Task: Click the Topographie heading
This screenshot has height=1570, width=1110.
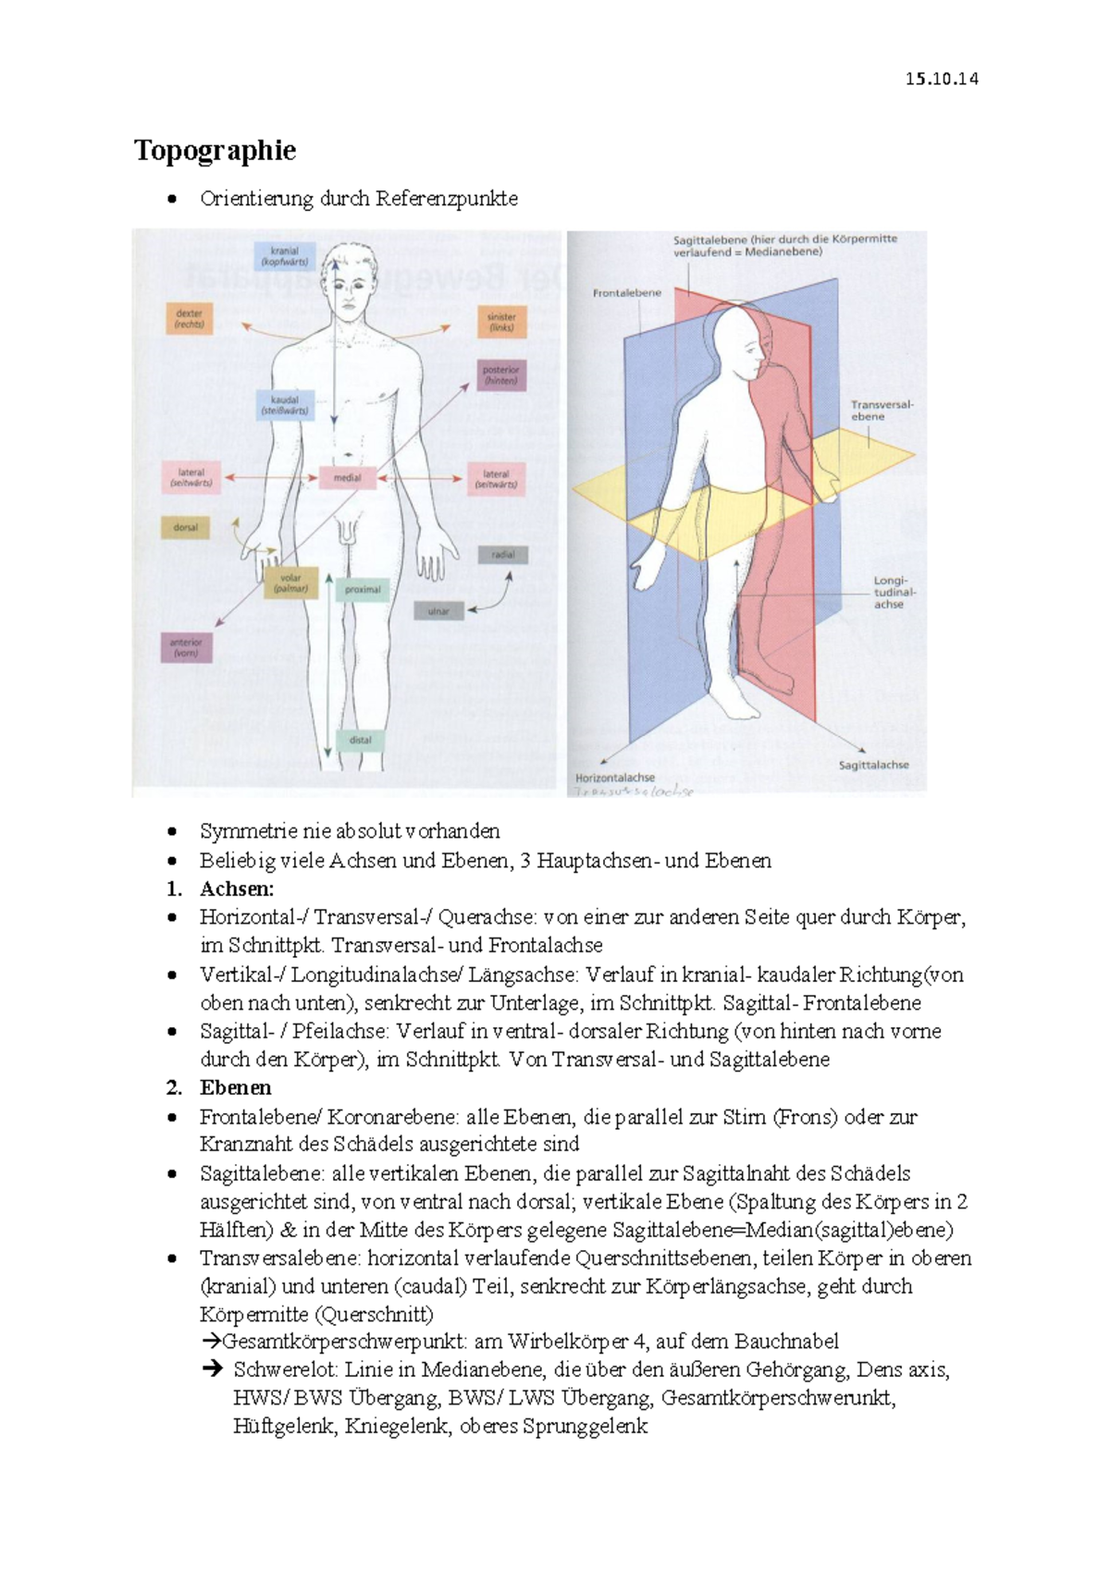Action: point(215,151)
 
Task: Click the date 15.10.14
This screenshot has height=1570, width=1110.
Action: point(941,79)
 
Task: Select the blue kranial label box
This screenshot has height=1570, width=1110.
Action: point(285,256)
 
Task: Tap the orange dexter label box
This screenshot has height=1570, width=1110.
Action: point(190,319)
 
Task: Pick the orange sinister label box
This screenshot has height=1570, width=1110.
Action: point(501,322)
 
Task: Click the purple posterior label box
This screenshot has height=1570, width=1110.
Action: point(501,374)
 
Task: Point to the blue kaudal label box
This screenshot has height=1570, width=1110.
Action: point(285,405)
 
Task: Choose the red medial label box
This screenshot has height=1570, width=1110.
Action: point(348,478)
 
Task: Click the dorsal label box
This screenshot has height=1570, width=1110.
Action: point(186,528)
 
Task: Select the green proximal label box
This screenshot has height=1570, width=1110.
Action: point(363,589)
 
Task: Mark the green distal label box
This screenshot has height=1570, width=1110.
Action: point(361,740)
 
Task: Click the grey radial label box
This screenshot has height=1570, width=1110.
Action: point(503,555)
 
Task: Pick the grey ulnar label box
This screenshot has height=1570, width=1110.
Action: point(438,611)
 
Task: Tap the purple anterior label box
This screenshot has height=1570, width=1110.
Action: point(186,647)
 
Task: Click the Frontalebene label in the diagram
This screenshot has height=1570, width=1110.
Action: point(626,293)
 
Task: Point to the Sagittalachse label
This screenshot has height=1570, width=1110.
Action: point(873,765)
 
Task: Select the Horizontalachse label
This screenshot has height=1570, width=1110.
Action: point(615,778)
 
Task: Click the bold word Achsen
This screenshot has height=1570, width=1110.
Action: point(237,889)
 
